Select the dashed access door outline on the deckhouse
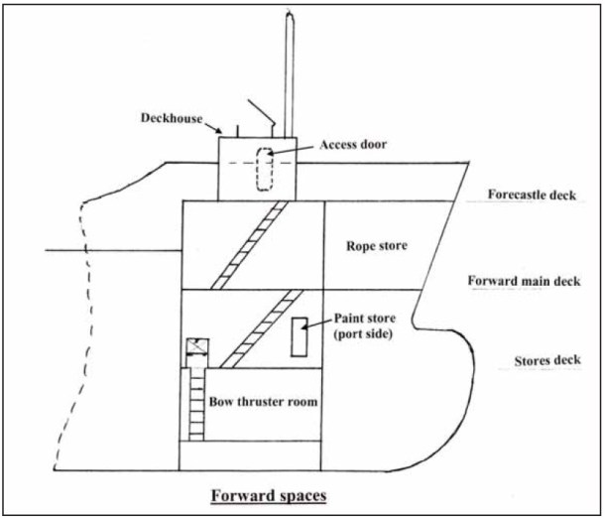[265, 168]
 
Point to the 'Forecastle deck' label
[533, 195]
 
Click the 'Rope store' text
[371, 245]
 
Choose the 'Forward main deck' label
[524, 281]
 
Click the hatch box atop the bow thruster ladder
[195, 349]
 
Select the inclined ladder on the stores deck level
[261, 328]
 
